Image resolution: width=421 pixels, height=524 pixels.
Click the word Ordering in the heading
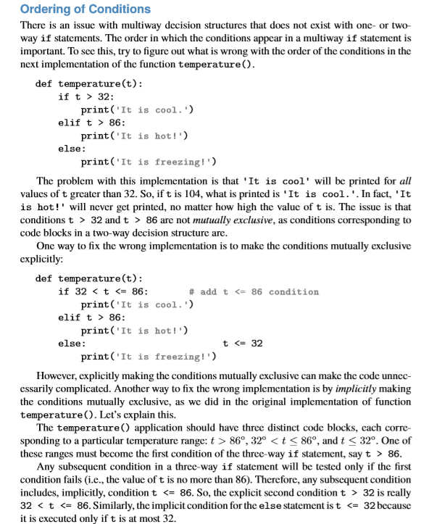46,9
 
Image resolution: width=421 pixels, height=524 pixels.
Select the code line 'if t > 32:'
86,96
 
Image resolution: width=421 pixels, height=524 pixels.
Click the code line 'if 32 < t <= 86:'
103,291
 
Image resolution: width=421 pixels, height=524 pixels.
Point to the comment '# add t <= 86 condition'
253,291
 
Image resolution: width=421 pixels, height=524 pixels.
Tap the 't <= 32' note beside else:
242,344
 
